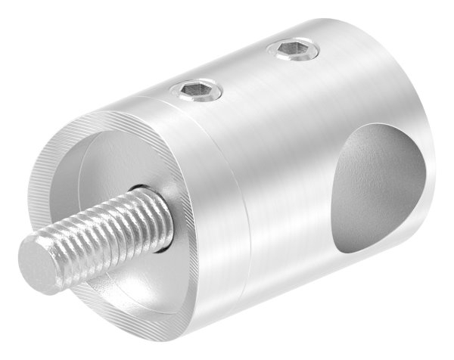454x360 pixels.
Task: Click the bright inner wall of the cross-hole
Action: coord(378,227)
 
